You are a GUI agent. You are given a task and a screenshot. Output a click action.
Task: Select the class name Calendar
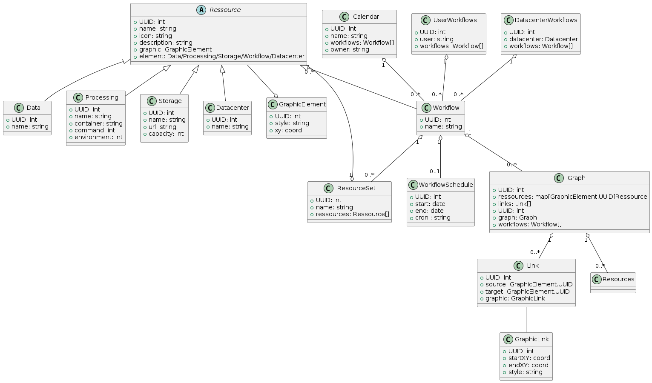(366, 17)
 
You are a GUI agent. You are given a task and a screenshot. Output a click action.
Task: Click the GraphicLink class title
(531, 339)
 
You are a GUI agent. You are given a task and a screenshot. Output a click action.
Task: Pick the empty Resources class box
(613, 283)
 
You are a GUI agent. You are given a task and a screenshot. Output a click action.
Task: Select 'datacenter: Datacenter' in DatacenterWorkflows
(543, 39)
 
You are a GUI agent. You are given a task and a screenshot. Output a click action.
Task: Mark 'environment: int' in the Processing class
(98, 137)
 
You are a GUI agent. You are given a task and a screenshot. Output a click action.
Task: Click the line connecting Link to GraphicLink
(526, 320)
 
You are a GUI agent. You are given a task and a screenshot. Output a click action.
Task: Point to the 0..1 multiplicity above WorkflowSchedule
(434, 171)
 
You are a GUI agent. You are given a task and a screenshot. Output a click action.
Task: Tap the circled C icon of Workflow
(426, 108)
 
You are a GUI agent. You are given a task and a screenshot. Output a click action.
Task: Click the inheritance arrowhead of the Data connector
(126, 61)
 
